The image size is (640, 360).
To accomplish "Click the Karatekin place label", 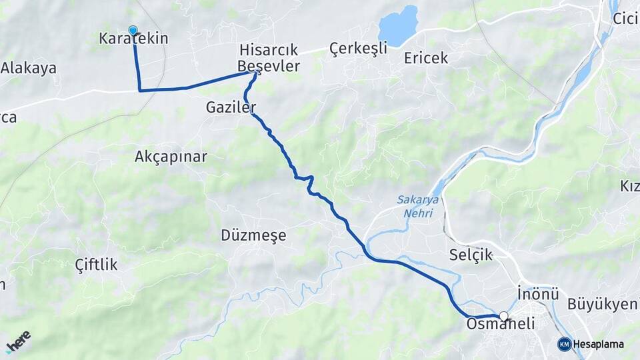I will (x=133, y=39).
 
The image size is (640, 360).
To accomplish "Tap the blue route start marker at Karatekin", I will (x=133, y=30).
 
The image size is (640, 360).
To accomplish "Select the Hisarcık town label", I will (x=269, y=51).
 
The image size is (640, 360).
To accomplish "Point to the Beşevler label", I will (x=269, y=66).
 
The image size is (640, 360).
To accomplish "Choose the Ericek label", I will (x=426, y=58).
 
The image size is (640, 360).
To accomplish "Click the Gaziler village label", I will (x=231, y=107).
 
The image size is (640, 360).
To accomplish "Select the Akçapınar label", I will (x=171, y=157).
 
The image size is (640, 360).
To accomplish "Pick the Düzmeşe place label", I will (x=253, y=235).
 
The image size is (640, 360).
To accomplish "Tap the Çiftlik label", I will (x=97, y=265).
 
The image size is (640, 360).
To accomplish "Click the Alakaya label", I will (x=28, y=68).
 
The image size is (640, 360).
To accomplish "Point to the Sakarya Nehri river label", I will (x=415, y=207).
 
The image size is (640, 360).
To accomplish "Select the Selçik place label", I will (x=471, y=255).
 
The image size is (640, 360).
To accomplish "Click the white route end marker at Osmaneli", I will (x=504, y=317).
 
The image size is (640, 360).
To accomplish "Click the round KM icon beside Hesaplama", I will (x=565, y=344).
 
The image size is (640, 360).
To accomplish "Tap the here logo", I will (x=18, y=342).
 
